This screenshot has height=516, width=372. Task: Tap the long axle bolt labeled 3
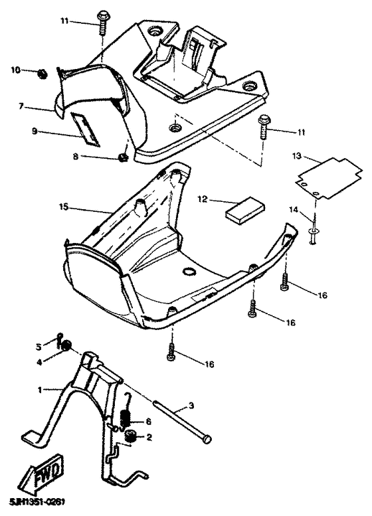pyautogui.click(x=179, y=418)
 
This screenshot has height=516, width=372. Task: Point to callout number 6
pyautogui.click(x=148, y=422)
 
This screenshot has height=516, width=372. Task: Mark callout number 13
pyautogui.click(x=298, y=156)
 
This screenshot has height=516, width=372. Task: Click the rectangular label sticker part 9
pyautogui.click(x=85, y=128)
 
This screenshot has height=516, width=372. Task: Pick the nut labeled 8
pyautogui.click(x=122, y=158)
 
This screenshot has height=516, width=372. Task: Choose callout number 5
pyautogui.click(x=39, y=345)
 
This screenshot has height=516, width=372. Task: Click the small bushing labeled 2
pyautogui.click(x=131, y=436)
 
